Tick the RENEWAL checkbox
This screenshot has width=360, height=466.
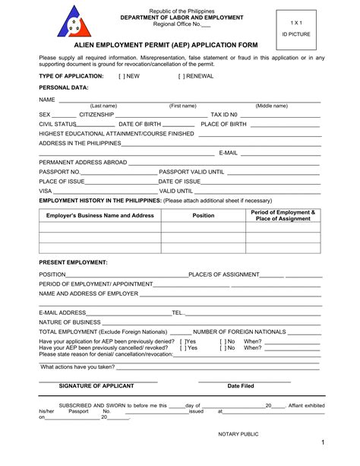[x=182, y=76]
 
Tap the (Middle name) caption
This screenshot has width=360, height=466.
[x=271, y=106]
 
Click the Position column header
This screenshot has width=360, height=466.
[x=203, y=215]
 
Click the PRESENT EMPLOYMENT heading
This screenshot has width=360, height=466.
[x=73, y=262]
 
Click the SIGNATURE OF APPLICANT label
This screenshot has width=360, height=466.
[x=97, y=385]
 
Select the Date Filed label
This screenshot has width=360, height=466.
[x=241, y=385]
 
